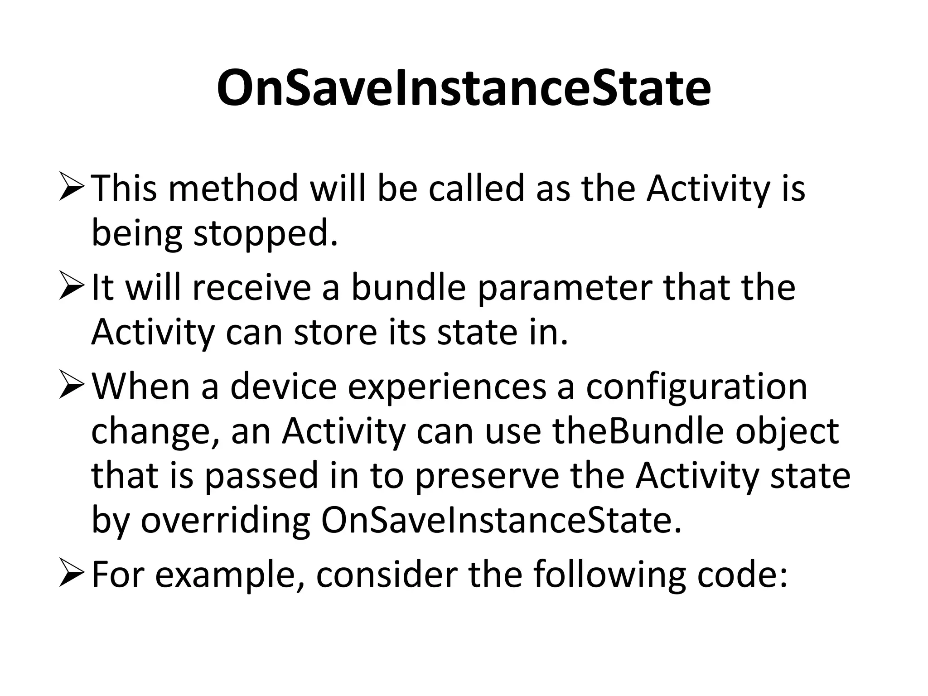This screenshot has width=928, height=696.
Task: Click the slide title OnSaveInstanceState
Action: (464, 88)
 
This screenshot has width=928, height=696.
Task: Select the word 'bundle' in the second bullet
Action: (408, 288)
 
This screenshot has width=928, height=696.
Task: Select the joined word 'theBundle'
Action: (638, 431)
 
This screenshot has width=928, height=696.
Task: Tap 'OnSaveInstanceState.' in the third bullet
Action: (501, 521)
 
